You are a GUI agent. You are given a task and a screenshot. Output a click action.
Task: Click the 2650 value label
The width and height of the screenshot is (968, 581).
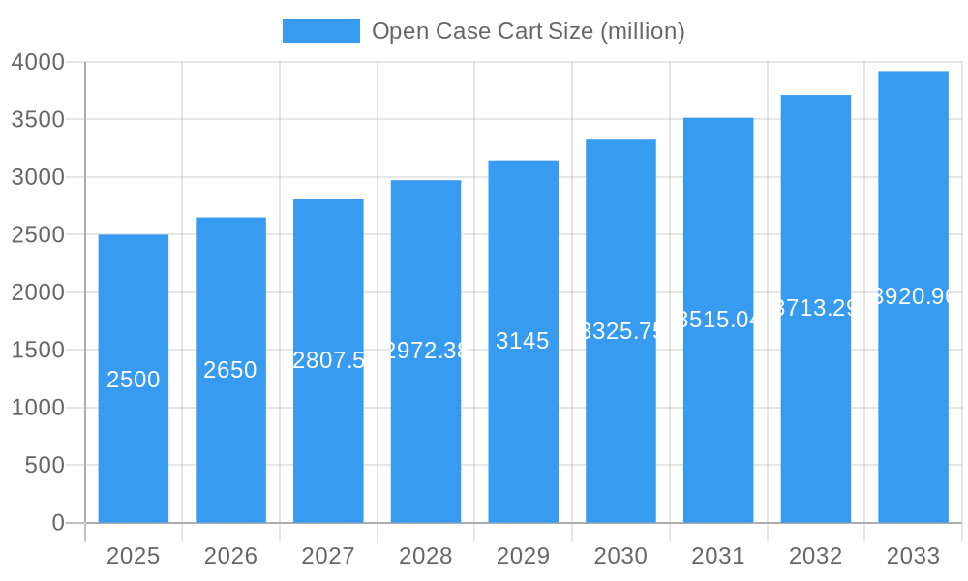[x=230, y=370]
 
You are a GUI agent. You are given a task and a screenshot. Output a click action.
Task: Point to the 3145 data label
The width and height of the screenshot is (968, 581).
[x=523, y=341]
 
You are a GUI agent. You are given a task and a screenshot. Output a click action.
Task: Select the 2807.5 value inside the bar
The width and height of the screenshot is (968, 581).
[x=328, y=360]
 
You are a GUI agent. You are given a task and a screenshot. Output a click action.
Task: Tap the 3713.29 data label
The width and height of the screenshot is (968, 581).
[x=816, y=308]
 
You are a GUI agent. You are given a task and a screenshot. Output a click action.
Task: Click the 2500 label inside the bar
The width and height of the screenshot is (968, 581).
[x=134, y=380]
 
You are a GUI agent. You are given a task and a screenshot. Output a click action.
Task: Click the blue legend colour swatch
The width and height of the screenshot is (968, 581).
[x=320, y=31]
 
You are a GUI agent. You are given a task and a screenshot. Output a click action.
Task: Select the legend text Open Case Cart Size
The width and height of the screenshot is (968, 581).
[x=528, y=31]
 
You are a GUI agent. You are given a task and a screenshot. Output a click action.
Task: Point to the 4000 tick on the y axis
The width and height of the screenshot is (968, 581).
[x=38, y=62]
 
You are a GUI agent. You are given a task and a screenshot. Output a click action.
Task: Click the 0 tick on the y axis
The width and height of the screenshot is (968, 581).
[x=57, y=523]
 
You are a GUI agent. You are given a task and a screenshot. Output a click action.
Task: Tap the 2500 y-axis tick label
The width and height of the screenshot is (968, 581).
[x=38, y=235]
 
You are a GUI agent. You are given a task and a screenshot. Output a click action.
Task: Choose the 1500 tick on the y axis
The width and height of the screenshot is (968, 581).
[x=38, y=351]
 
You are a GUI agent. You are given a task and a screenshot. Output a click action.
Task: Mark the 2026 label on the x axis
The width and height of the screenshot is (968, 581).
[x=230, y=556]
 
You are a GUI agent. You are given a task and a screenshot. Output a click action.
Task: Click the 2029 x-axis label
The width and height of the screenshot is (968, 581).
[x=523, y=556]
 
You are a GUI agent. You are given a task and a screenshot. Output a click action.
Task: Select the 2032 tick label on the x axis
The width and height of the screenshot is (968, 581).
[x=816, y=556]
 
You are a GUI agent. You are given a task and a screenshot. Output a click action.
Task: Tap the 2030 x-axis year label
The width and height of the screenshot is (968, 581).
[x=620, y=556]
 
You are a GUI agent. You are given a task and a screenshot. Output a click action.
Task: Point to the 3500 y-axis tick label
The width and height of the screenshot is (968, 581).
[x=38, y=120]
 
